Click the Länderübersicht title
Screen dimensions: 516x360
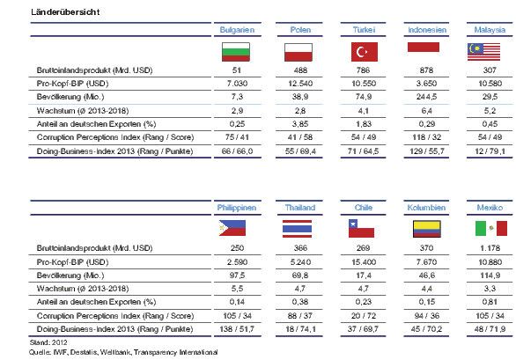click(x=65, y=12)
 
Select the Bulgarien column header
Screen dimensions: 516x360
click(x=237, y=30)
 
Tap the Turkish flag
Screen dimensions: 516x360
click(x=365, y=52)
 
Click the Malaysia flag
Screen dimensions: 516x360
click(x=483, y=52)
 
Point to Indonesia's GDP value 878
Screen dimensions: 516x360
click(x=426, y=70)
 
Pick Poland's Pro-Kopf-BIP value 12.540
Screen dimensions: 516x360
click(x=300, y=84)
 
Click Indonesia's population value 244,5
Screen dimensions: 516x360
click(x=426, y=97)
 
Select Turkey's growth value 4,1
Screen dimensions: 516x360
click(x=364, y=111)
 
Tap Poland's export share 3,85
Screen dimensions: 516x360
click(x=300, y=124)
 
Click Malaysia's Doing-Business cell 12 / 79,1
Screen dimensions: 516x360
click(x=490, y=151)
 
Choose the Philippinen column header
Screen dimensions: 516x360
click(x=237, y=208)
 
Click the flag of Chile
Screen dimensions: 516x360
click(x=361, y=228)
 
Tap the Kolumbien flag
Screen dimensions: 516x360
click(x=426, y=229)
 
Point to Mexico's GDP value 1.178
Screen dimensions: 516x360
click(x=490, y=248)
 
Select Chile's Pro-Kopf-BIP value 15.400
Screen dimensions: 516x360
click(x=364, y=262)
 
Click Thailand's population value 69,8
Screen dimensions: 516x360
click(x=300, y=276)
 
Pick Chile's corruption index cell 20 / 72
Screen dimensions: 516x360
click(x=364, y=316)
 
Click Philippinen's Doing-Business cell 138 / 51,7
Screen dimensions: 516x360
click(x=237, y=329)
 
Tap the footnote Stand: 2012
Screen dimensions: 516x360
click(x=48, y=342)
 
